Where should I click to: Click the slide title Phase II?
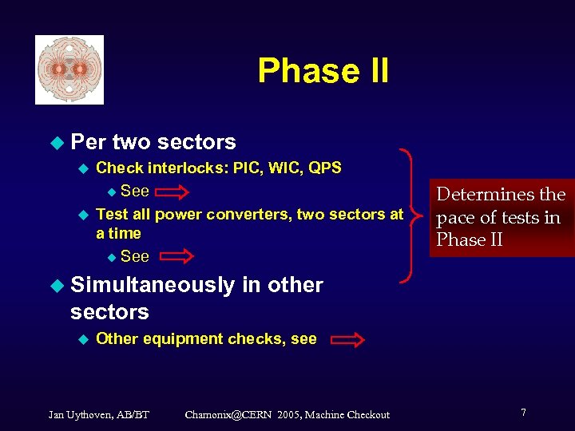click(323, 71)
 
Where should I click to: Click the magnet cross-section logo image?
click(69, 70)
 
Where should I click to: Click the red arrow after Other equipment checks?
click(347, 341)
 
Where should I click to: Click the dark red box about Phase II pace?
click(502, 217)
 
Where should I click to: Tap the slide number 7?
click(523, 413)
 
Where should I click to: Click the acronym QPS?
click(324, 168)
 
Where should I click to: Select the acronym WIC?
click(283, 168)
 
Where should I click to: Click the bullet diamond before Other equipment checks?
click(81, 339)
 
